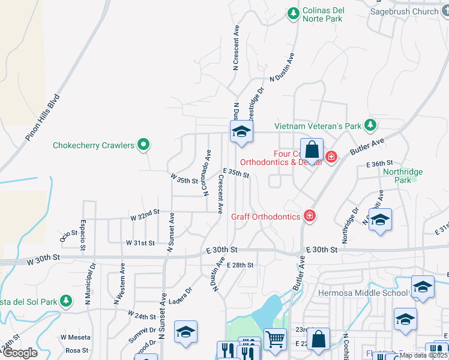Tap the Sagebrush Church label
(x=404, y=11)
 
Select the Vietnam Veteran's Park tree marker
(x=371, y=125)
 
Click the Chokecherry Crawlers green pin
(x=143, y=145)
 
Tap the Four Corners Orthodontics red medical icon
(x=331, y=157)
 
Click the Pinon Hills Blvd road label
(x=43, y=118)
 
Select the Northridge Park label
(x=403, y=175)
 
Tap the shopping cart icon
(x=275, y=339)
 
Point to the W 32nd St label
(x=145, y=212)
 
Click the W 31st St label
(x=140, y=243)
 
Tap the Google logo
(x=20, y=353)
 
